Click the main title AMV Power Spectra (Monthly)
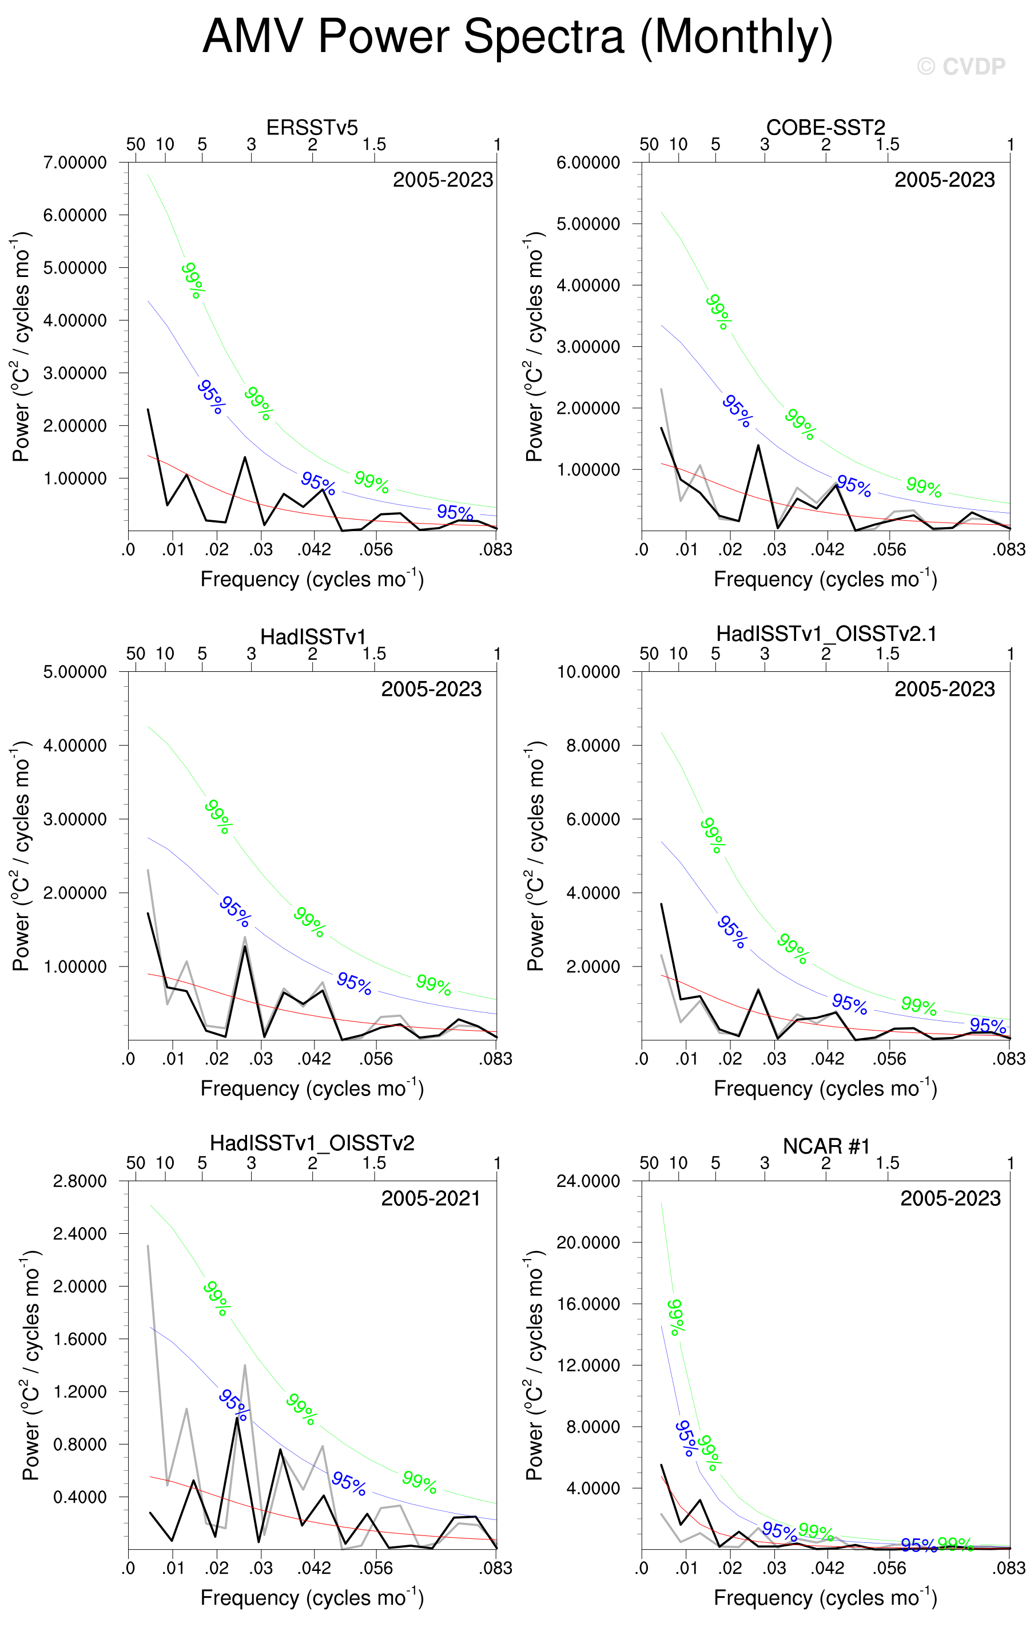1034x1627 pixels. coord(518,37)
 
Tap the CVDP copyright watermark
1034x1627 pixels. coord(960,66)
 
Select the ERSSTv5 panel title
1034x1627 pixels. coord(312,127)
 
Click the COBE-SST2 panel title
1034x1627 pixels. coord(825,127)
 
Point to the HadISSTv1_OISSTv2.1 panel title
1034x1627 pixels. coord(825,634)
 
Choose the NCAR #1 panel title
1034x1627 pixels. coord(825,1146)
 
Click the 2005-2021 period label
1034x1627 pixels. coord(430,1198)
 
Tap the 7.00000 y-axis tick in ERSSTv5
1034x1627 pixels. coord(75,163)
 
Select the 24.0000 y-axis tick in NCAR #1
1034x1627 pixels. coord(587,1181)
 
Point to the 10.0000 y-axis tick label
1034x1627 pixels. coord(587,672)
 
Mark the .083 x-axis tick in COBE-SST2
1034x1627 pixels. coord(1008,549)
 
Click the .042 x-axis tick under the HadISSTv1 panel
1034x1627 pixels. coord(314,1059)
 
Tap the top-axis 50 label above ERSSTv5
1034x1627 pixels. coord(136,144)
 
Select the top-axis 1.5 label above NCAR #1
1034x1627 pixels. coord(888,1163)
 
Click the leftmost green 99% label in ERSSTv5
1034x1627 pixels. coord(193,280)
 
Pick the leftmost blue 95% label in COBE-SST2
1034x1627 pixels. coord(736,410)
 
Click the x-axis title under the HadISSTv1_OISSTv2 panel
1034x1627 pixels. coord(312,1598)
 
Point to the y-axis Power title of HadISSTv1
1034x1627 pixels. coord(22,856)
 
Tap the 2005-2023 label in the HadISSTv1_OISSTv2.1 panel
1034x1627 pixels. coord(944,689)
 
